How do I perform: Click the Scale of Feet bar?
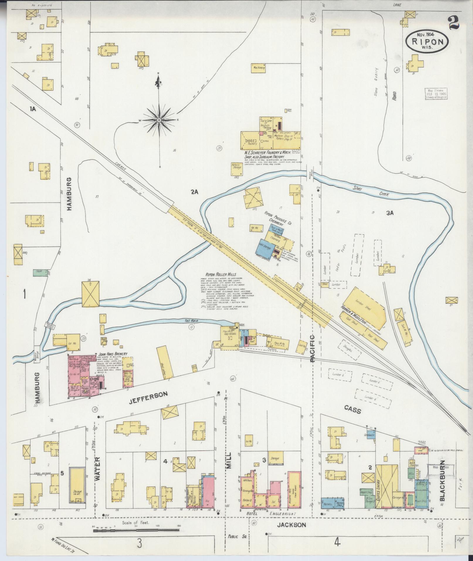click(x=136, y=530)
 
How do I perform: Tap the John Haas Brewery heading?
click(x=113, y=354)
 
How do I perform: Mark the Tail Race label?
click(x=191, y=321)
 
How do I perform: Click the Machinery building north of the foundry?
click(x=258, y=68)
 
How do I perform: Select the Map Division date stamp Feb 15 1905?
click(x=435, y=94)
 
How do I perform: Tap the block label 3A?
click(x=390, y=213)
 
